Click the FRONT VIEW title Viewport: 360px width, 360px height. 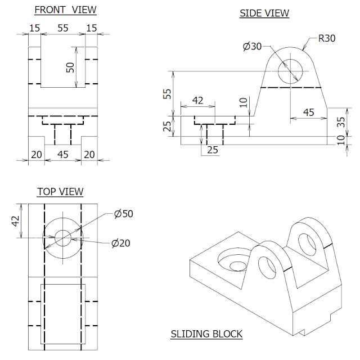tap(65, 10)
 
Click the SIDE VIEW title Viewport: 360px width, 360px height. tap(264, 13)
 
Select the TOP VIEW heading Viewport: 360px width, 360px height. tap(60, 192)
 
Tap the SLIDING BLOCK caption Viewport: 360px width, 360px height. tap(206, 334)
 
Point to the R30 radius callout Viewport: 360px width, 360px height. tap(327, 39)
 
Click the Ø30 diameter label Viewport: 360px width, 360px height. tap(253, 47)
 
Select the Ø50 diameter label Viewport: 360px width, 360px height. tap(123, 214)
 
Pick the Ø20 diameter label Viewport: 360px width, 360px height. tap(121, 243)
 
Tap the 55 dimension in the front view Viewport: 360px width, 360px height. tap(62, 27)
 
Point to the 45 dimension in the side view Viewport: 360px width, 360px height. tap(308, 112)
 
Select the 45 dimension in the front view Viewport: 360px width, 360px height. tap(62, 154)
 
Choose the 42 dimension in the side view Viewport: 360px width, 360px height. tap(197, 100)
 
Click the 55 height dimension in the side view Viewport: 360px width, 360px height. tap(167, 93)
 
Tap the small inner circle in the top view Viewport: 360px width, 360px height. tap(62, 237)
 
